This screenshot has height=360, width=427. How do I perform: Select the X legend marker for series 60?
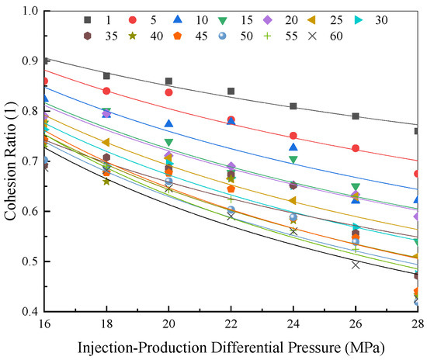pyautogui.click(x=313, y=36)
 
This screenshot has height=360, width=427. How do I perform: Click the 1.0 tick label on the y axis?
pyautogui.click(x=30, y=11)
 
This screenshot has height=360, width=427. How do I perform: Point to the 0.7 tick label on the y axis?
pyautogui.click(x=30, y=161)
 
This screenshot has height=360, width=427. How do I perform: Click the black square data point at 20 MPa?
pyautogui.click(x=168, y=81)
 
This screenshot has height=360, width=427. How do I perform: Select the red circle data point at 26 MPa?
pyautogui.click(x=355, y=148)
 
